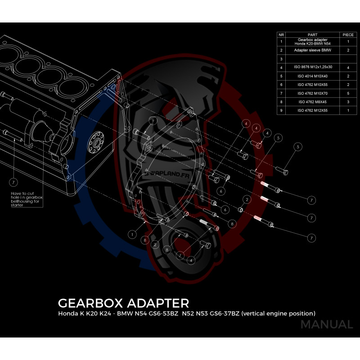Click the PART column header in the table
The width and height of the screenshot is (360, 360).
pyautogui.click(x=312, y=34)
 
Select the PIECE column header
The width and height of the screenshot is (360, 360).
pyautogui.click(x=348, y=34)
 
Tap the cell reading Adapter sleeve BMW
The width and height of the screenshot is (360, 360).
pyautogui.click(x=312, y=50)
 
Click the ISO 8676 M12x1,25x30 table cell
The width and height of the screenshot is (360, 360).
pyautogui.click(x=312, y=67)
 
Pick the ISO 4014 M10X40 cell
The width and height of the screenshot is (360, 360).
pyautogui.click(x=312, y=76)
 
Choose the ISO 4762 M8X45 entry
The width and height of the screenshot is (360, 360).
pyautogui.click(x=312, y=102)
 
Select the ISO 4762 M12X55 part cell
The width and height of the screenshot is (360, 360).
pyautogui.click(x=312, y=110)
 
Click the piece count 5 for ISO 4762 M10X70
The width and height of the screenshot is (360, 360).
pyautogui.click(x=348, y=93)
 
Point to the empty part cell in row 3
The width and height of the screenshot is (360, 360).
pyautogui.click(x=312, y=59)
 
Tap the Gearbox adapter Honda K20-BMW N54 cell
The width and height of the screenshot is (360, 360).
pyautogui.click(x=312, y=41)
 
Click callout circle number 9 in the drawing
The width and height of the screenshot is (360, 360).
pyautogui.click(x=153, y=121)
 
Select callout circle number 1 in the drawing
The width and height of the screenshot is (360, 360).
pyautogui.click(x=132, y=234)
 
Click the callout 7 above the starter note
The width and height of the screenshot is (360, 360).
pyautogui.click(x=14, y=182)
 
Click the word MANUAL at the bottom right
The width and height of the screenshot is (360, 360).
pyautogui.click(x=326, y=324)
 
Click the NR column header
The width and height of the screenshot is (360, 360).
pyautogui.click(x=281, y=34)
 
